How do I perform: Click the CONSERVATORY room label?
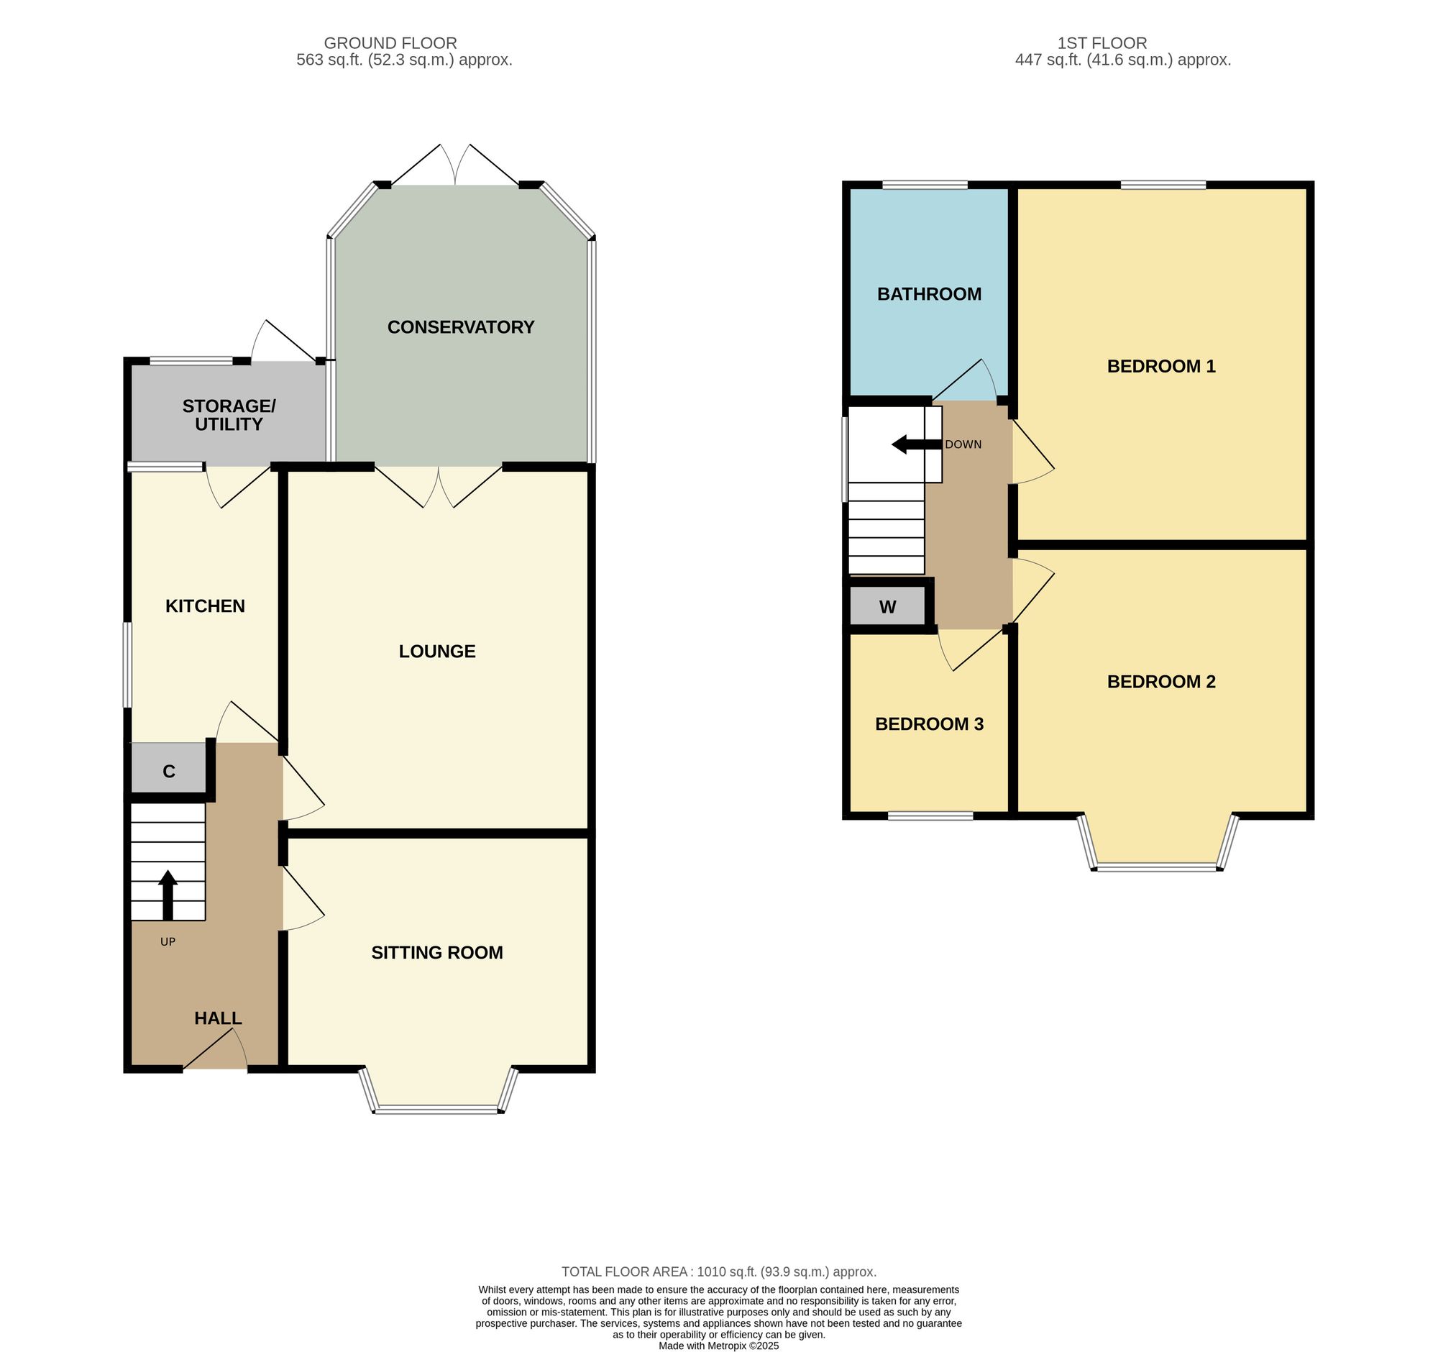[461, 327]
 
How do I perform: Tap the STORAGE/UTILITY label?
[229, 415]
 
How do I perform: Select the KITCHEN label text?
[206, 606]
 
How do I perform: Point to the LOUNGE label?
[437, 652]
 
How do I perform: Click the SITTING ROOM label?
[437, 953]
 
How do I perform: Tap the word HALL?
[218, 1018]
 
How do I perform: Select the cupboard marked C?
[169, 772]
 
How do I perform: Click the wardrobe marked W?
[887, 606]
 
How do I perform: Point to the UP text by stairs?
[168, 942]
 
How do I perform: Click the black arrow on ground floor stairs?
[168, 894]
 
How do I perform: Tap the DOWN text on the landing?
[963, 444]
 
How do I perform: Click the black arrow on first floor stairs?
[917, 444]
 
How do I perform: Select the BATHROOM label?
[930, 293]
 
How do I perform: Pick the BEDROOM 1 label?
[1161, 366]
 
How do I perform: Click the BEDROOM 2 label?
[1161, 682]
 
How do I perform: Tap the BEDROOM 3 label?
[930, 724]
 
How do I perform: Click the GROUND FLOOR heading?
[390, 43]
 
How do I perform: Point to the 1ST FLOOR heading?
[1102, 43]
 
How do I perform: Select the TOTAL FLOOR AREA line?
[719, 1271]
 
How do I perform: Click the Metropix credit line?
[719, 1346]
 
